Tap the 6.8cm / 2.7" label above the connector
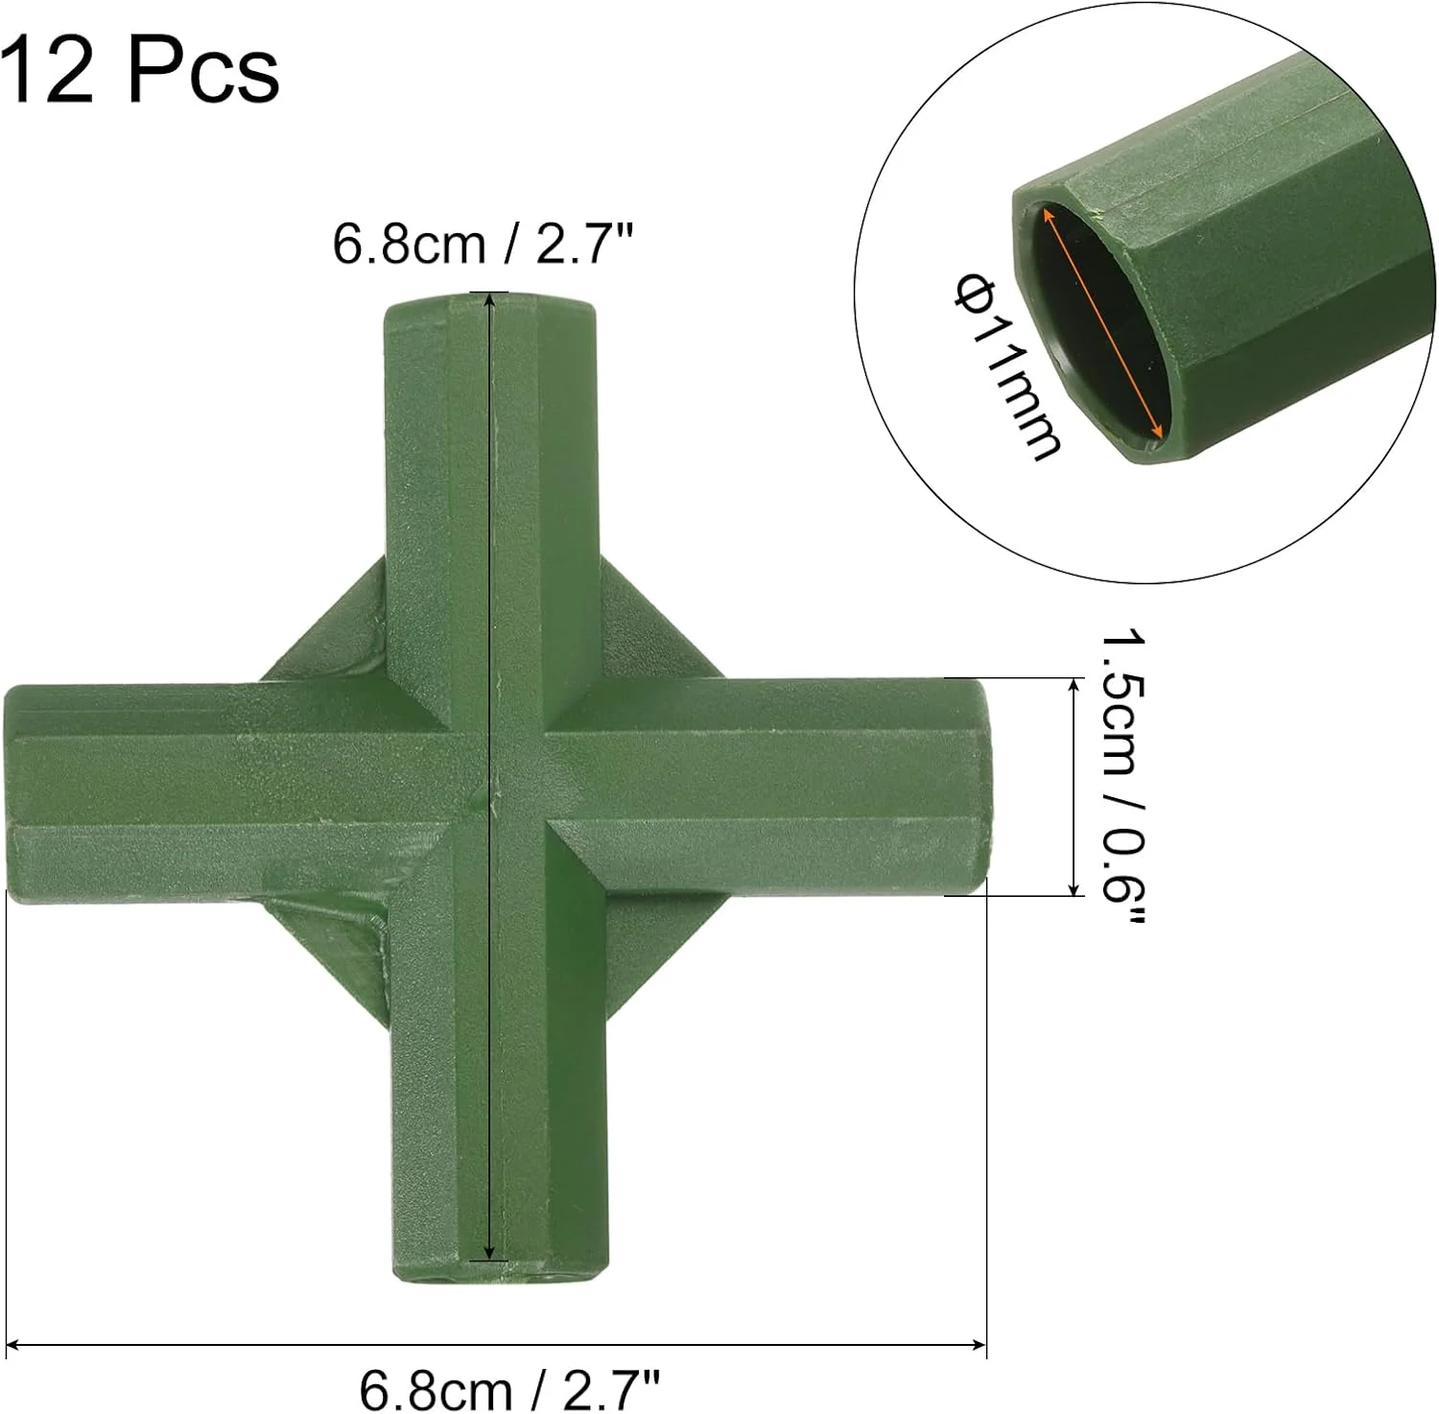(x=484, y=244)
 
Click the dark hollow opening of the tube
(x=1098, y=326)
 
